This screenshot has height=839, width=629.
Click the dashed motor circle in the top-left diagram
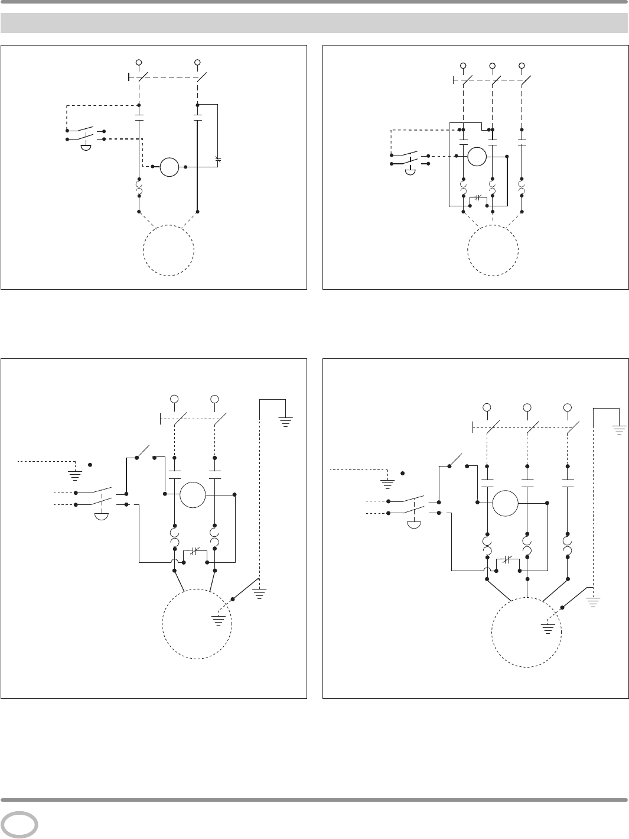coord(169,250)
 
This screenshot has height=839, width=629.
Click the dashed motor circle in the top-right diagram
coord(493,250)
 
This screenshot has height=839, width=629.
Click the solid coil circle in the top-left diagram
coord(170,167)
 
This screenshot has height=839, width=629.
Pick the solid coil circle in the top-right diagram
coord(477,157)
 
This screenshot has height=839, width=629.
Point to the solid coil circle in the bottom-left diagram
coord(193,494)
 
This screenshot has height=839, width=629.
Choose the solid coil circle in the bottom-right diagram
coord(506,503)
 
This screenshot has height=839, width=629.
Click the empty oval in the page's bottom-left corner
coord(19,825)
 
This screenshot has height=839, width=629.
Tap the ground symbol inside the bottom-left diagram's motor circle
coord(219,620)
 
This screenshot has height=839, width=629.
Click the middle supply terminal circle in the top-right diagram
coord(492,66)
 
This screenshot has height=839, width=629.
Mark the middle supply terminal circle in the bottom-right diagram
coord(527,407)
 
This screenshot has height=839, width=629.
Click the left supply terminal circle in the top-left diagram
coord(139,62)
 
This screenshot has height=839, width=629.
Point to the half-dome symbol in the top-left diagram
coord(86,146)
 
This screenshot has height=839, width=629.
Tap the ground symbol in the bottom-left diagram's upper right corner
coord(285,423)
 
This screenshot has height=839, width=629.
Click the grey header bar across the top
coord(314,23)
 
